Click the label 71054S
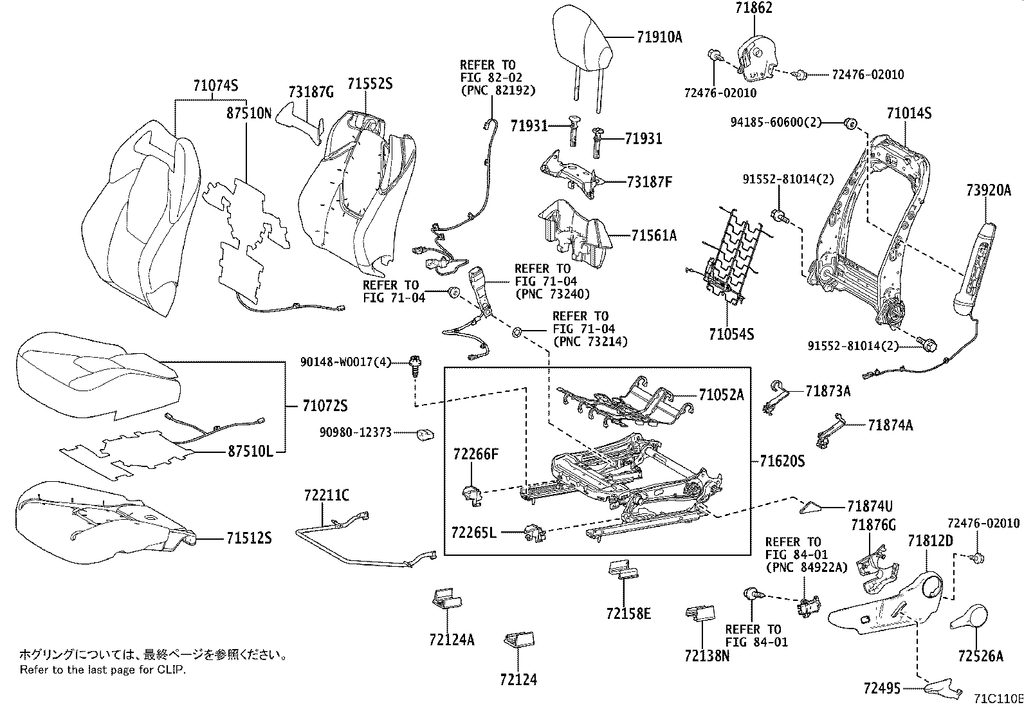click(x=731, y=335)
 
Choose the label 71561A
click(x=654, y=236)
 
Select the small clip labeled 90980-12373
click(x=424, y=436)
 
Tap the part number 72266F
click(x=475, y=455)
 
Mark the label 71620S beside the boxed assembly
click(x=782, y=461)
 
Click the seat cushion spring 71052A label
click(x=721, y=395)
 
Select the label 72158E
click(x=628, y=614)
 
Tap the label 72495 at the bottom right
click(x=881, y=689)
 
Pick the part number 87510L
click(x=250, y=452)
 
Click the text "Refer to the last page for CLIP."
click(x=102, y=670)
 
